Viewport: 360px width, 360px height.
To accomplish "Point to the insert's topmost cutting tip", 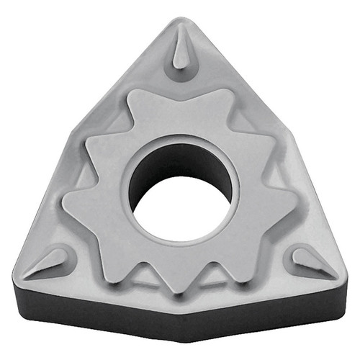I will (x=179, y=19).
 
